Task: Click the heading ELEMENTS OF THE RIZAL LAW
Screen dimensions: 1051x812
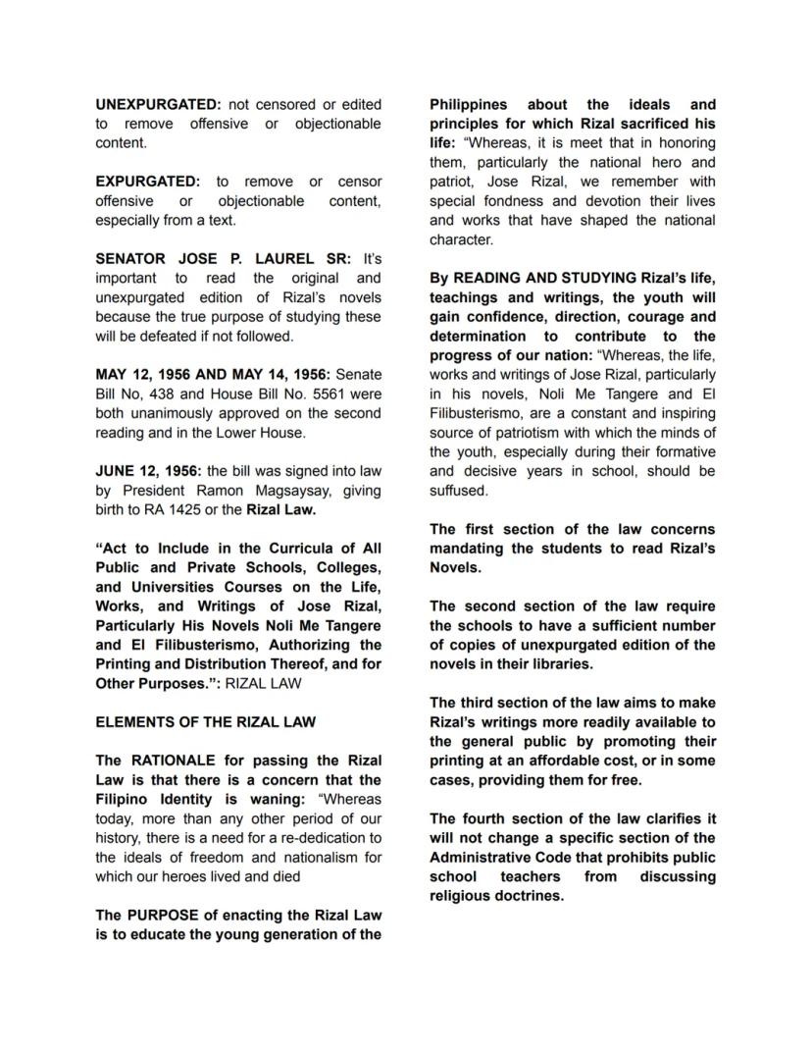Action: click(x=205, y=721)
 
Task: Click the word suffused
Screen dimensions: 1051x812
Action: click(x=458, y=491)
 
